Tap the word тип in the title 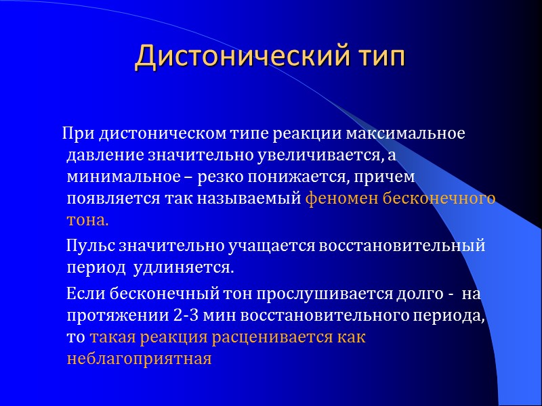tap(377, 57)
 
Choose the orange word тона tap(87, 221)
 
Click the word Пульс tap(87, 246)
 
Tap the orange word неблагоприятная tap(139, 359)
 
